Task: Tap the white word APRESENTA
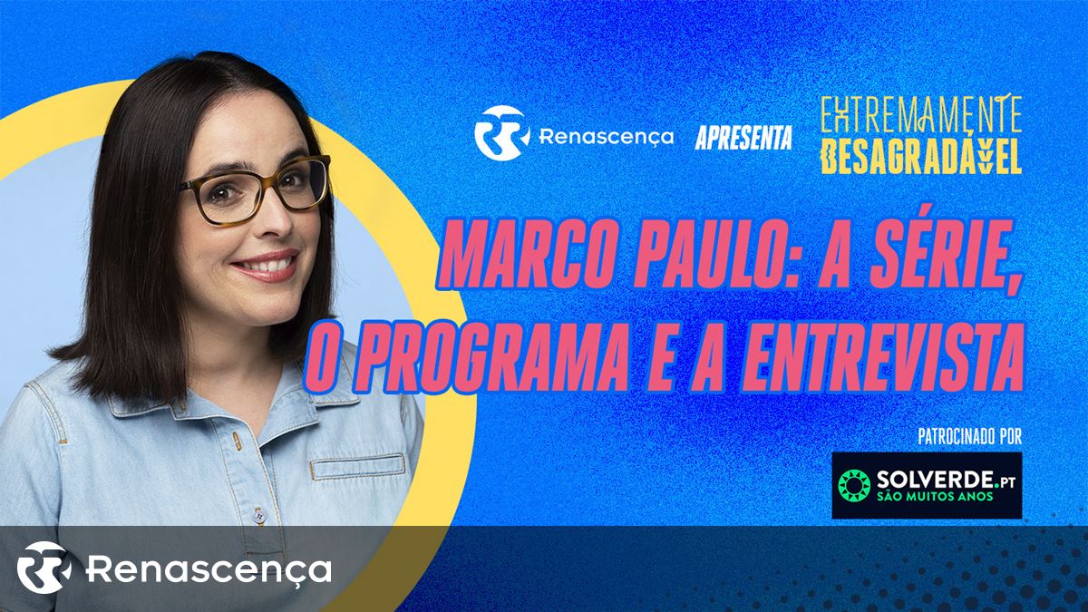743,138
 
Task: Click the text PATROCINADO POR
970,437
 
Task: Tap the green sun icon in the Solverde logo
854,485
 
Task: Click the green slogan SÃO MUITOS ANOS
935,496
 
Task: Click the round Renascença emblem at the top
501,133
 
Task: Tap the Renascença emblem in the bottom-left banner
44,568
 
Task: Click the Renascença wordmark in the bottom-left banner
209,568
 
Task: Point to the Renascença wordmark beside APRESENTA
607,137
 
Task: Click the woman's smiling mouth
265,265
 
